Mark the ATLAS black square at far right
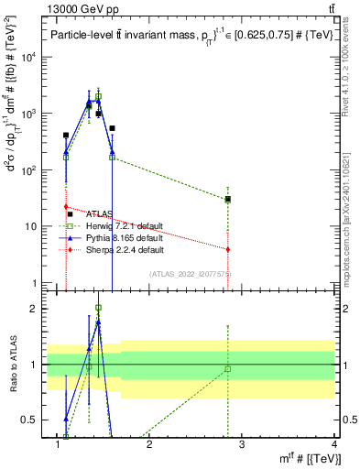click(228, 199)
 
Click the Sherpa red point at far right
click(228, 249)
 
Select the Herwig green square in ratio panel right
click(228, 369)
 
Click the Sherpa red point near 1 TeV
click(66, 207)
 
